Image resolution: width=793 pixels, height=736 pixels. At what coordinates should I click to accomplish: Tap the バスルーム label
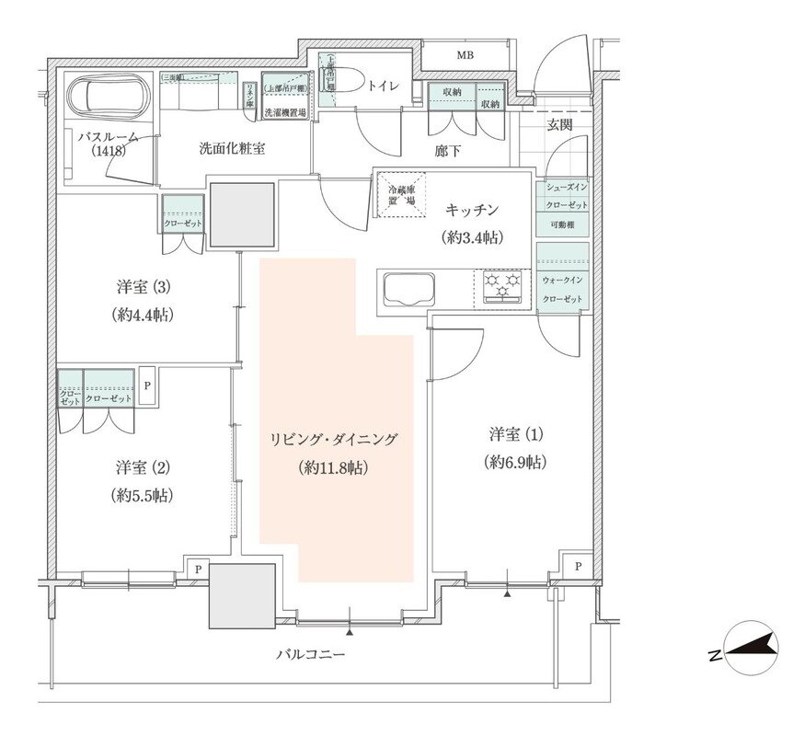(108, 138)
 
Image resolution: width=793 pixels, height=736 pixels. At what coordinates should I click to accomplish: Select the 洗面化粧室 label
(232, 148)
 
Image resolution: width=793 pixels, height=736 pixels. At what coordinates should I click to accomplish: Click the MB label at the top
(466, 56)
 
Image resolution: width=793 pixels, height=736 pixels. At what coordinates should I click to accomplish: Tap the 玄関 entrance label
(560, 124)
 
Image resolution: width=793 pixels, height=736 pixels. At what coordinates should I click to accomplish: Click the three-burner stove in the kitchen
(502, 286)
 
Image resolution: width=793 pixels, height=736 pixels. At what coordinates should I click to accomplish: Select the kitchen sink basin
(410, 290)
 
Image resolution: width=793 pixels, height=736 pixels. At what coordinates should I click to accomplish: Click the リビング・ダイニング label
(333, 440)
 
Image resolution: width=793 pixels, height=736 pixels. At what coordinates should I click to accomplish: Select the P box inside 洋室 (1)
(576, 567)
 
